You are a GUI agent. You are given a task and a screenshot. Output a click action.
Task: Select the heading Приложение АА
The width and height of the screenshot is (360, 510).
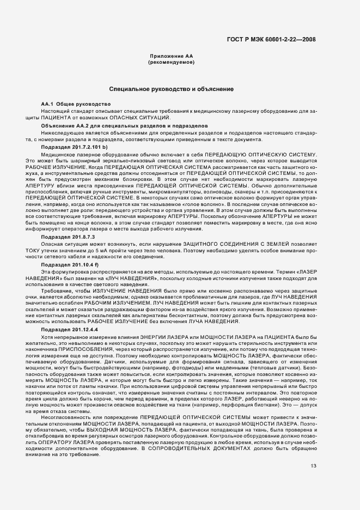pos(172,57)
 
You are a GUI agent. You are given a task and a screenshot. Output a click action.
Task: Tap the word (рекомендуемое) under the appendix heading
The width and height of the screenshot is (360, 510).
pos(172,63)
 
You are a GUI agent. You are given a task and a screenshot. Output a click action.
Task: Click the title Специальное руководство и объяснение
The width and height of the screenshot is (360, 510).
pos(172,88)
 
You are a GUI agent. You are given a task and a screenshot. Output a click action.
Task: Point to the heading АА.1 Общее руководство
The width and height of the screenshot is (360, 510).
pos(76,104)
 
